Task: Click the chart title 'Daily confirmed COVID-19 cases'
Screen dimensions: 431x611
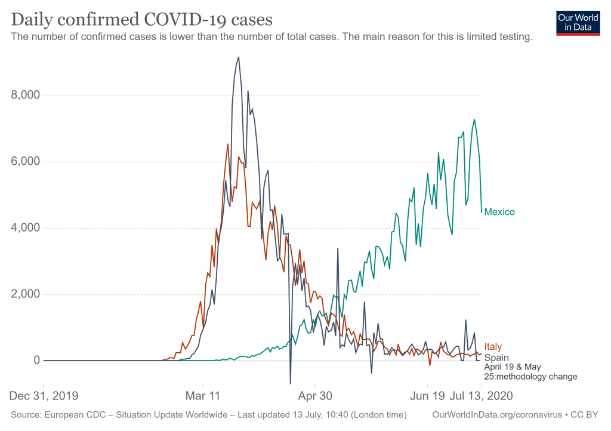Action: (142, 19)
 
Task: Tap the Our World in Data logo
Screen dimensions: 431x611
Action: (578, 23)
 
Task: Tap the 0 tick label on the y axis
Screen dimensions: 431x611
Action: (36, 361)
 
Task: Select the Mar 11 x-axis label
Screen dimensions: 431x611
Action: (203, 396)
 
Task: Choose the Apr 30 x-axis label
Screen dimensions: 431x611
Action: (316, 396)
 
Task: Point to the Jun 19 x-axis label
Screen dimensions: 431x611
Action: (427, 396)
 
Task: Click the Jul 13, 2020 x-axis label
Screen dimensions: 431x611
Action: (481, 396)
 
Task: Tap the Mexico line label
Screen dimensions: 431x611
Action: (499, 212)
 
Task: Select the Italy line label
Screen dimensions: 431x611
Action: (493, 347)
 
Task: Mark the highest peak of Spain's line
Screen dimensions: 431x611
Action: (239, 57)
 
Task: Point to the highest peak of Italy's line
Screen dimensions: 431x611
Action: (228, 144)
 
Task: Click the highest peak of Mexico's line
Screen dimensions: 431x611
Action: (474, 119)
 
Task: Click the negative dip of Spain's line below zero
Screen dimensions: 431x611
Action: (291, 383)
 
